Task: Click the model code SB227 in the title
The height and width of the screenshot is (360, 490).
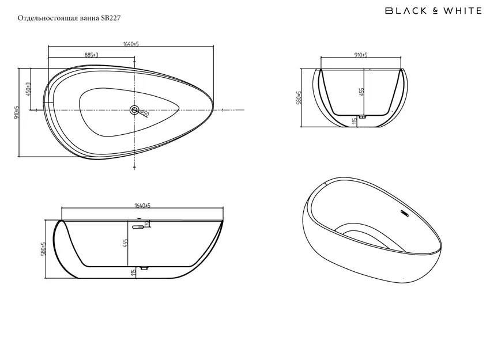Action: pos(110,18)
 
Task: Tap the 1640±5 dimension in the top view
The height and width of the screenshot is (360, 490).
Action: pos(131,44)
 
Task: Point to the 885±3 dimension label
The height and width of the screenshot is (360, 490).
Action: pos(92,55)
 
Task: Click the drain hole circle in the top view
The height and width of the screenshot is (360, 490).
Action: pos(135,110)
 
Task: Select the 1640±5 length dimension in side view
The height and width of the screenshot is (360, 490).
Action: pos(142,206)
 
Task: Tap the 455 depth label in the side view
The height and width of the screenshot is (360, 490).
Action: pos(126,244)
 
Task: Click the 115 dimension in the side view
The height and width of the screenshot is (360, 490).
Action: pos(133,271)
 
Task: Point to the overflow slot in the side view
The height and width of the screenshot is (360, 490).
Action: pos(137,227)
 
